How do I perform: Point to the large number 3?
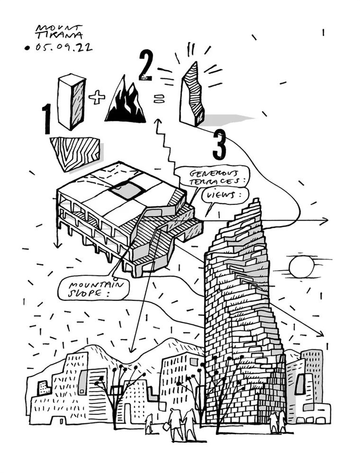pos(219,144)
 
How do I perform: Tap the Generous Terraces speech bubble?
pos(201,176)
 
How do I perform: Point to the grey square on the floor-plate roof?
pos(127,190)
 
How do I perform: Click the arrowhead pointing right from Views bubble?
pos(325,221)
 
